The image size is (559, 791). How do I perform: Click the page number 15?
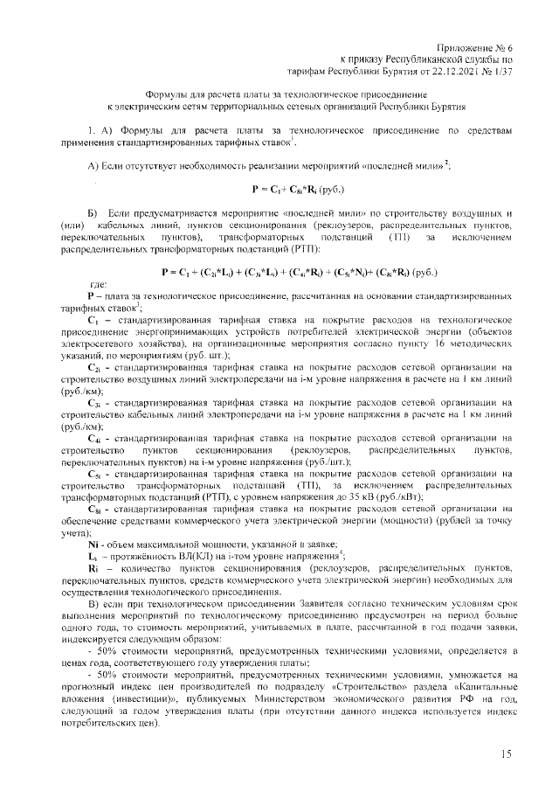506,753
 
